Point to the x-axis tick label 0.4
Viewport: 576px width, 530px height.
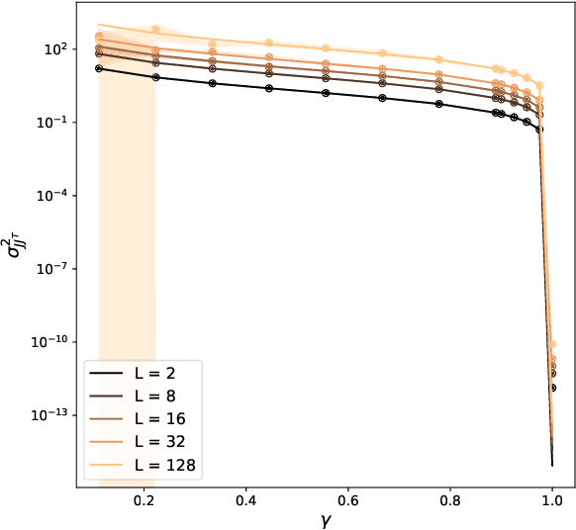pyautogui.click(x=245, y=502)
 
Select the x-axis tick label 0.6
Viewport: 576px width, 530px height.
pyautogui.click(x=347, y=502)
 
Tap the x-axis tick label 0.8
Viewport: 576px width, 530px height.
pyautogui.click(x=449, y=502)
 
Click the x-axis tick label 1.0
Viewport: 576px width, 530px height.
pyautogui.click(x=551, y=502)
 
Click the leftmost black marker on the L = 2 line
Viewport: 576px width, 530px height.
pyautogui.click(x=99, y=68)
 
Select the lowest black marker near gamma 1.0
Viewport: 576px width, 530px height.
pyautogui.click(x=551, y=388)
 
